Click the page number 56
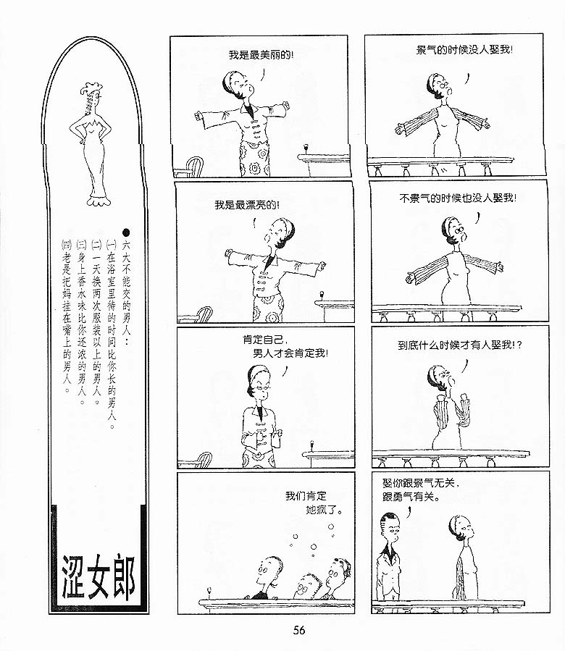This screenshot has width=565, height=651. click(299, 630)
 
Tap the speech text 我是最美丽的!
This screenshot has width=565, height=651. click(261, 55)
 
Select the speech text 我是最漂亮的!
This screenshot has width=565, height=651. click(247, 205)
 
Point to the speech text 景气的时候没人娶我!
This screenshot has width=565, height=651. click(464, 50)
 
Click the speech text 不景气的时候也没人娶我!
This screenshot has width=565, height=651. click(458, 198)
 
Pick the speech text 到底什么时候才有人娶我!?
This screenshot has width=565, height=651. click(460, 345)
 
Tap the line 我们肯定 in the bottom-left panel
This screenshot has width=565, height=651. click(306, 496)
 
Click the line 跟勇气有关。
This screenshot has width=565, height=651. click(411, 496)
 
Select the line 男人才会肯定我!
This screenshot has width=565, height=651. click(290, 353)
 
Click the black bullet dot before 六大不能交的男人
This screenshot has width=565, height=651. click(126, 232)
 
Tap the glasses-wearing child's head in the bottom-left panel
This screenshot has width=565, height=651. click(307, 584)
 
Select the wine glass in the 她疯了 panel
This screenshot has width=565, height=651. click(209, 592)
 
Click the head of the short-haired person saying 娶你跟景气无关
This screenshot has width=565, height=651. click(390, 525)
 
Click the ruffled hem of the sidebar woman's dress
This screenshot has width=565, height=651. click(98, 200)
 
